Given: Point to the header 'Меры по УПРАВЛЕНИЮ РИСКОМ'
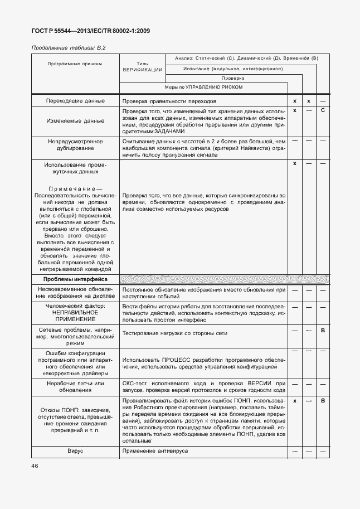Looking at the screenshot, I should [203, 88].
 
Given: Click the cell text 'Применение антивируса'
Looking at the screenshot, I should [155, 449].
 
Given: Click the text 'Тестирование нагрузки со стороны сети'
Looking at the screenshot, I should [175, 333].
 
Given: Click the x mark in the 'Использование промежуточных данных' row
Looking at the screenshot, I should [294, 163].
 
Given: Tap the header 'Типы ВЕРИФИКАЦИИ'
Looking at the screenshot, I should [142, 67].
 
